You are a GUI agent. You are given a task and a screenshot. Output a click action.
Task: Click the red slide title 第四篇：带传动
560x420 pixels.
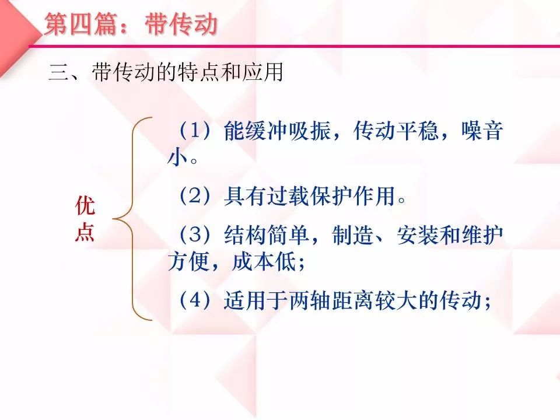tap(131, 24)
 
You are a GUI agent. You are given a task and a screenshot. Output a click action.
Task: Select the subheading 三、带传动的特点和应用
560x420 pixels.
tap(166, 72)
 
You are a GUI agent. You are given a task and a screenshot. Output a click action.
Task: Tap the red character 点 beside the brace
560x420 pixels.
tap(85, 232)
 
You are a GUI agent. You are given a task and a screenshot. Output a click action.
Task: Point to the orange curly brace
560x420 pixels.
tap(133, 219)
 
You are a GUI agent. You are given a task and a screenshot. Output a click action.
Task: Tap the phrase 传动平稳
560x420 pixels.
tap(395, 130)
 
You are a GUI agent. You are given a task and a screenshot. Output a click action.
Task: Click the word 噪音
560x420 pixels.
tap(482, 130)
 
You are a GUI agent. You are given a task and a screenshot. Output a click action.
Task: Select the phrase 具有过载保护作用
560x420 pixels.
tap(310, 196)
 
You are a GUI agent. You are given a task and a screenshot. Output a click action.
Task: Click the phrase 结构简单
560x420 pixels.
tap(267, 235)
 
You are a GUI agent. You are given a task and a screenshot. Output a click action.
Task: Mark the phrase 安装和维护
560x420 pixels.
tap(450, 235)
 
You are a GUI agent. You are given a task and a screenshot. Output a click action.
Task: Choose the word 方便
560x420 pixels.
tap(188, 261)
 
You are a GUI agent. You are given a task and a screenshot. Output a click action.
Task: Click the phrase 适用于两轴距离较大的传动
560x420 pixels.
tap(353, 300)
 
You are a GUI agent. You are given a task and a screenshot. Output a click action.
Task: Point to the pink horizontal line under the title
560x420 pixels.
tap(294, 46)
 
